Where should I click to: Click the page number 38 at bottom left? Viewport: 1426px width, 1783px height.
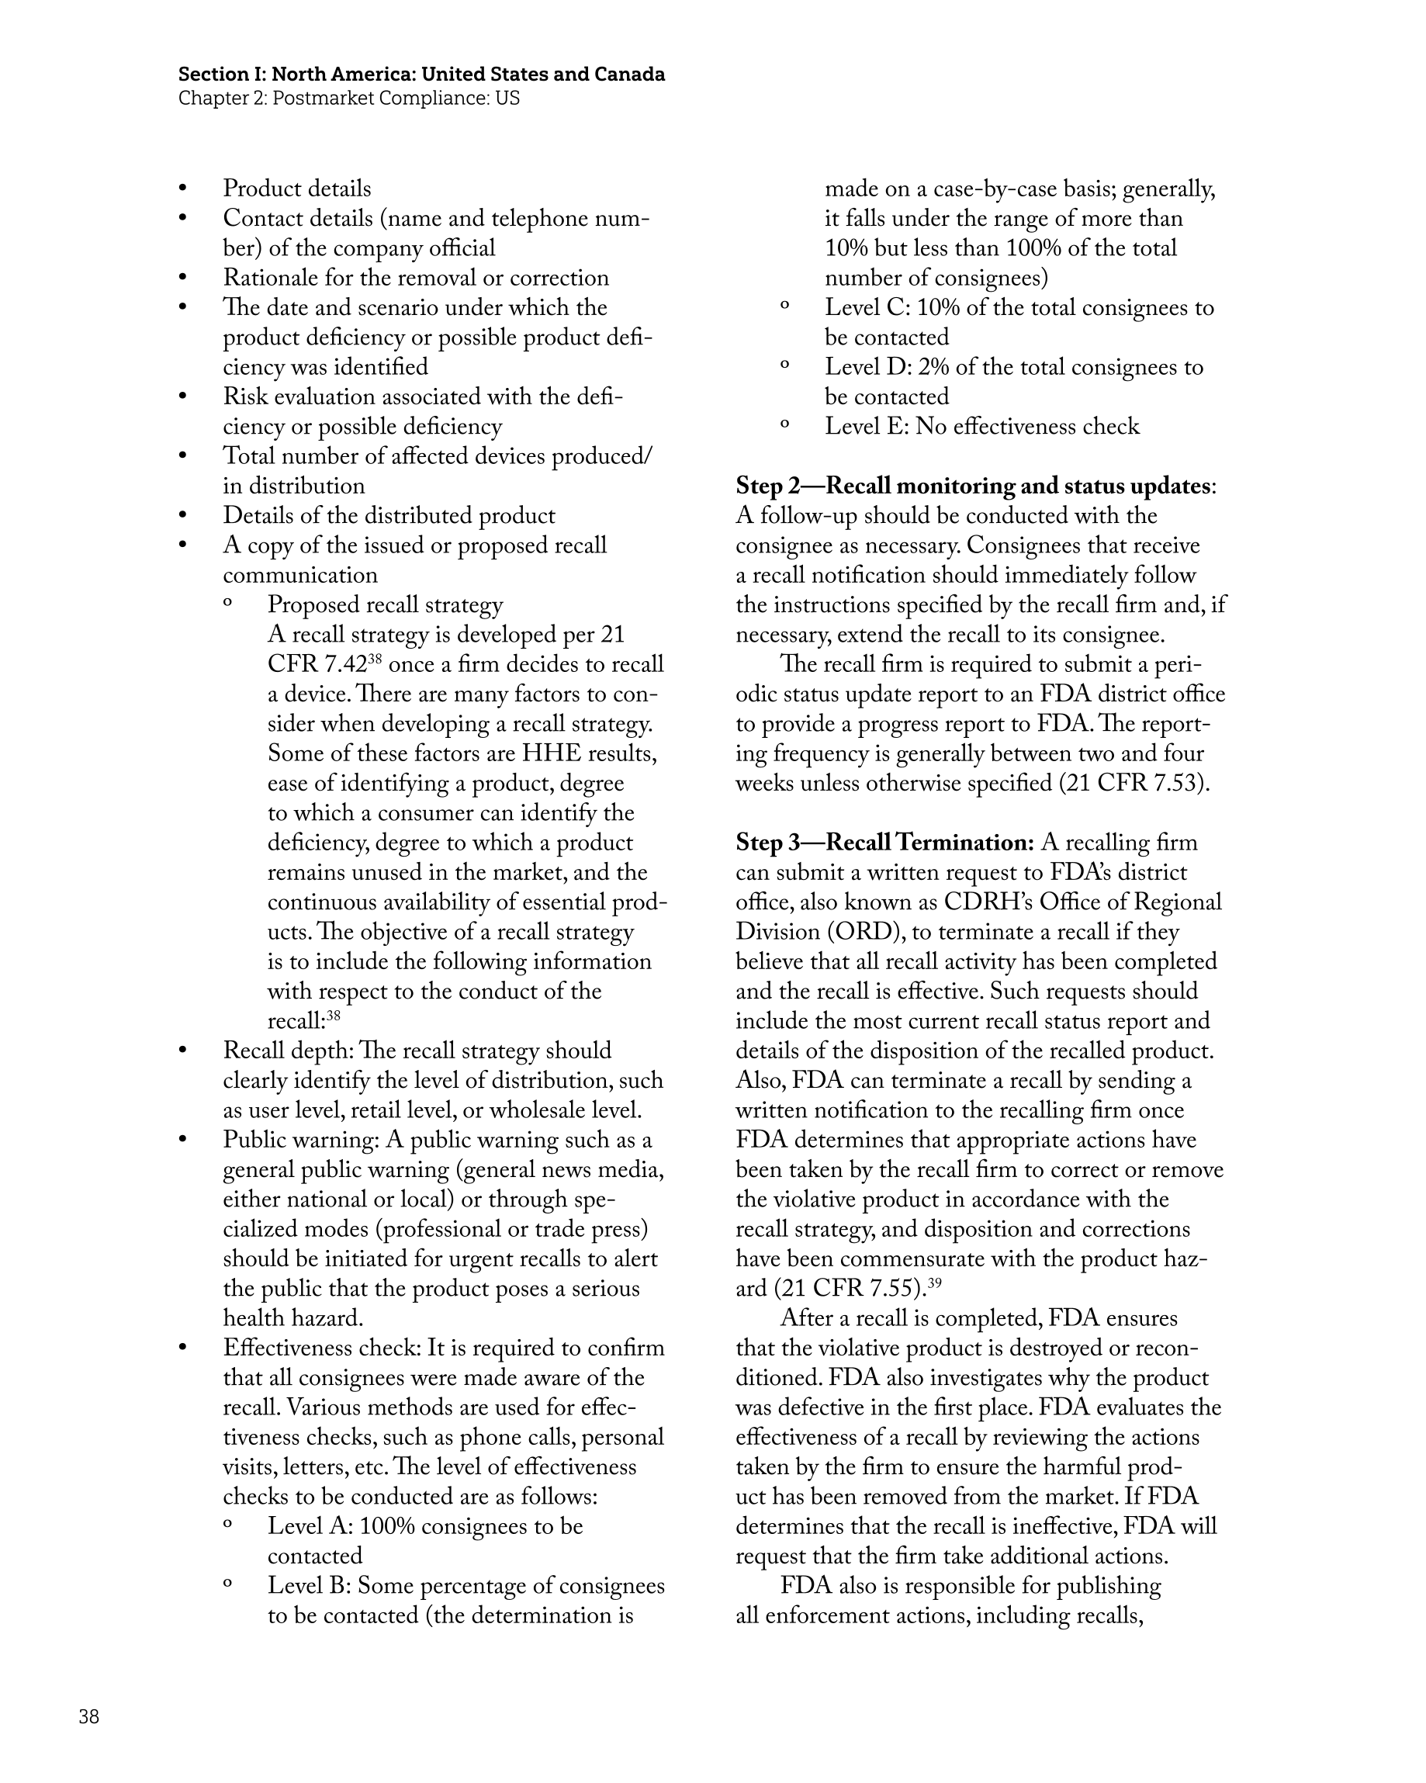point(88,1717)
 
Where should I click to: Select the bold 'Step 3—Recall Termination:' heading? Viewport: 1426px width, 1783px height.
point(884,843)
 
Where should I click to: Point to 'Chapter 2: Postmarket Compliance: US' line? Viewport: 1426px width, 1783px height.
point(348,99)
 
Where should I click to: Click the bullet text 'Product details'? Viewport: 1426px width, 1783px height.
point(297,189)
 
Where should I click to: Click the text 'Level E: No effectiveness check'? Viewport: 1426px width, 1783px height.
point(981,426)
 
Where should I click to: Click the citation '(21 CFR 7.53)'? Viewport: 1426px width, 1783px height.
point(1134,783)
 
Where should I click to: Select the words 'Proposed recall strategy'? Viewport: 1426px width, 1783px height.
point(385,604)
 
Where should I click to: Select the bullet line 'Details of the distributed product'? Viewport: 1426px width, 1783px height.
point(389,515)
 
